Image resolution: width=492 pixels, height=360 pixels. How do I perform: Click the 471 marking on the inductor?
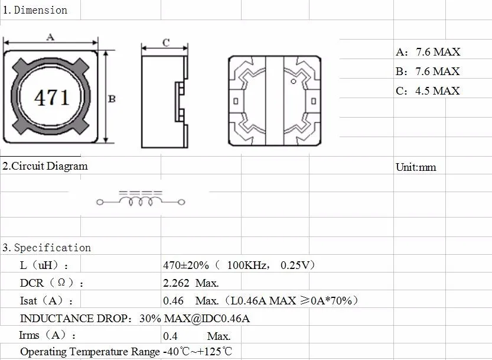52,98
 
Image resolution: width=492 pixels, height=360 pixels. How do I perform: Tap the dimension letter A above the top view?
50,37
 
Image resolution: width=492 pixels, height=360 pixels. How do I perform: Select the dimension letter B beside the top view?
112,99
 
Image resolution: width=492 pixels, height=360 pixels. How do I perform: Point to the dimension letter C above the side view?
166,43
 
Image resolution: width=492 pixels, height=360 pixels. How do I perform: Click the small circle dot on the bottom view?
294,82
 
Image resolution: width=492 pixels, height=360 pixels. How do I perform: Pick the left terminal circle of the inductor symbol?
100,202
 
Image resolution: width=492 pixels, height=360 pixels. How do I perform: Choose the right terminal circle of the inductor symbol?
181,202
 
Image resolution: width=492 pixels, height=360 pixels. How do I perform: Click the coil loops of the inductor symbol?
141,201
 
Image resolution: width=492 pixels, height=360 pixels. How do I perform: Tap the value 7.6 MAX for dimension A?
438,52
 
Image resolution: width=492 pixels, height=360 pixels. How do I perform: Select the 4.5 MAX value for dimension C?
438,91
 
